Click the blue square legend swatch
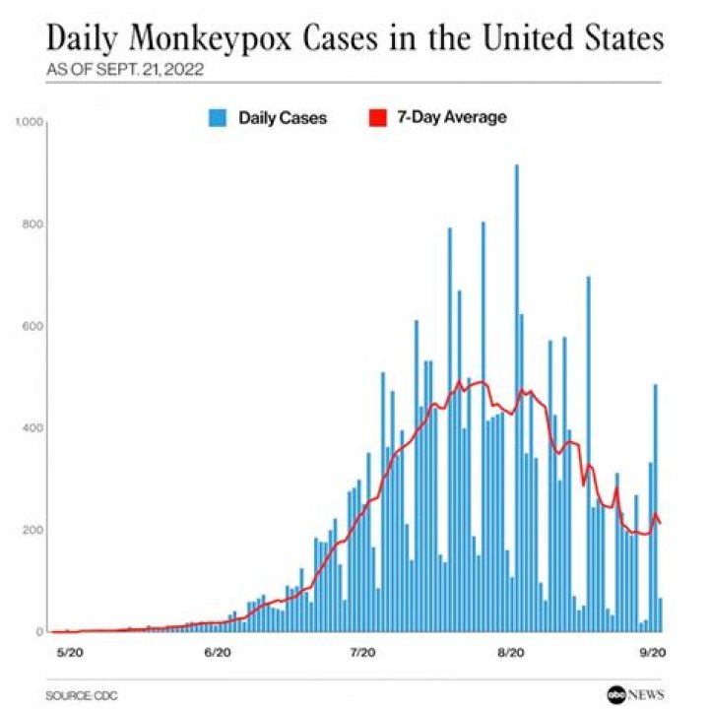(217, 118)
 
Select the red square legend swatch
(376, 118)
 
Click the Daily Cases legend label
(282, 118)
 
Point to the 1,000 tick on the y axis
(32, 122)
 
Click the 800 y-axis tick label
(35, 225)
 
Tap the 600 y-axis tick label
(35, 326)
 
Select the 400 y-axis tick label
(35, 428)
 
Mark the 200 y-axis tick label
(35, 530)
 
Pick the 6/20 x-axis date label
(218, 652)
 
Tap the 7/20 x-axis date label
(363, 652)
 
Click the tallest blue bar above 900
(516, 394)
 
